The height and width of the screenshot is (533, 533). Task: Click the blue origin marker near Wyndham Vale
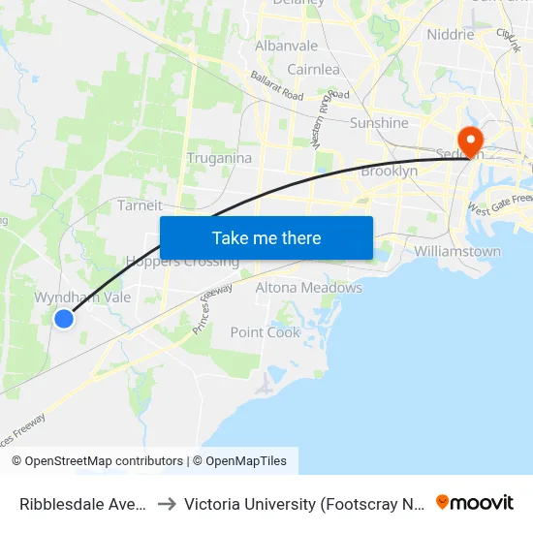(x=64, y=318)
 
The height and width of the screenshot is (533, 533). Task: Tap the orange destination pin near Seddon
(x=470, y=141)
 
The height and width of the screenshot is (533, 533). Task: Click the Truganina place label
(x=219, y=158)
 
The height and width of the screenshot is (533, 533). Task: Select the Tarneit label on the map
(x=140, y=205)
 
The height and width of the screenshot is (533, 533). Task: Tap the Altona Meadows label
(x=308, y=288)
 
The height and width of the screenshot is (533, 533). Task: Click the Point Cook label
(x=266, y=332)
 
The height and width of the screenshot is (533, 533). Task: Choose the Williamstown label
(x=457, y=251)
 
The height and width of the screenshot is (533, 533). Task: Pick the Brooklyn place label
(x=389, y=171)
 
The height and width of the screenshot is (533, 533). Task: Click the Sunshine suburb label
(x=379, y=123)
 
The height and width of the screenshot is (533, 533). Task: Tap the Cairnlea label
(x=313, y=69)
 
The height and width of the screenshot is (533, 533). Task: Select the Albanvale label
(x=286, y=46)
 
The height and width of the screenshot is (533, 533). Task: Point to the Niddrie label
(x=451, y=34)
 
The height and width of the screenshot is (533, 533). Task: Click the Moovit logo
(x=475, y=502)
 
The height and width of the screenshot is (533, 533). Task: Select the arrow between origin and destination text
(x=166, y=504)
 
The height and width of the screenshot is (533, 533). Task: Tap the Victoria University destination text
(x=302, y=504)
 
